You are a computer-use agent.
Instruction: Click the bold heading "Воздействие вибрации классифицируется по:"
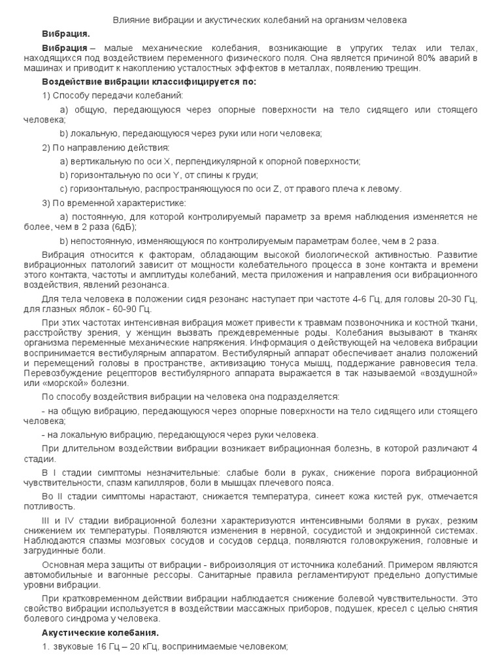pyautogui.click(x=150, y=82)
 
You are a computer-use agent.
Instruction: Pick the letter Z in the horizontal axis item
pyautogui.click(x=276, y=189)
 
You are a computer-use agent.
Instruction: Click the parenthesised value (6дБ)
pyautogui.click(x=122, y=226)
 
